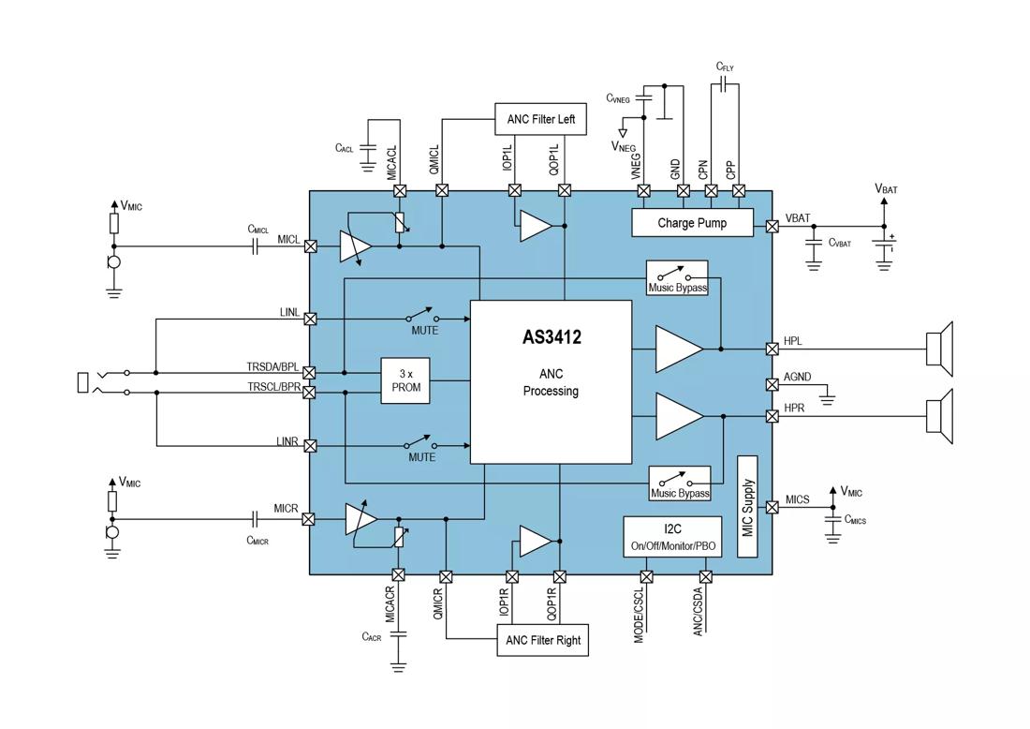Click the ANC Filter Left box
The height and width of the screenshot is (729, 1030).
click(540, 119)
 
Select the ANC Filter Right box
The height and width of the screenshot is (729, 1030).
click(542, 640)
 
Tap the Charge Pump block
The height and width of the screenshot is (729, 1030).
click(692, 223)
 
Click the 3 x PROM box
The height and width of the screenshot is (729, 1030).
click(405, 380)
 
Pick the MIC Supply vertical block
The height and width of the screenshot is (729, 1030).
click(747, 507)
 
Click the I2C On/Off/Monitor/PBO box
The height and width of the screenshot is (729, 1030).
click(672, 537)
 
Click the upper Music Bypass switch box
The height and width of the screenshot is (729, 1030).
click(677, 278)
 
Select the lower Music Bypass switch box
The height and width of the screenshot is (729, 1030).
click(680, 484)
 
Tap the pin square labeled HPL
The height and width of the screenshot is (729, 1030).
click(772, 349)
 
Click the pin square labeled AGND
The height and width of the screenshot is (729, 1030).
click(772, 384)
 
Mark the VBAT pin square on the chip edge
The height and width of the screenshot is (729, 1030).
click(772, 226)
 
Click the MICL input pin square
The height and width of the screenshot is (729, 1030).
click(311, 246)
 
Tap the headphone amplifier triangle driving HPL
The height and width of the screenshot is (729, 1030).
click(678, 349)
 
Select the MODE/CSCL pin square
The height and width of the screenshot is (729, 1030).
click(645, 576)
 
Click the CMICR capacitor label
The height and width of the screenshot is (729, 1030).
click(257, 541)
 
